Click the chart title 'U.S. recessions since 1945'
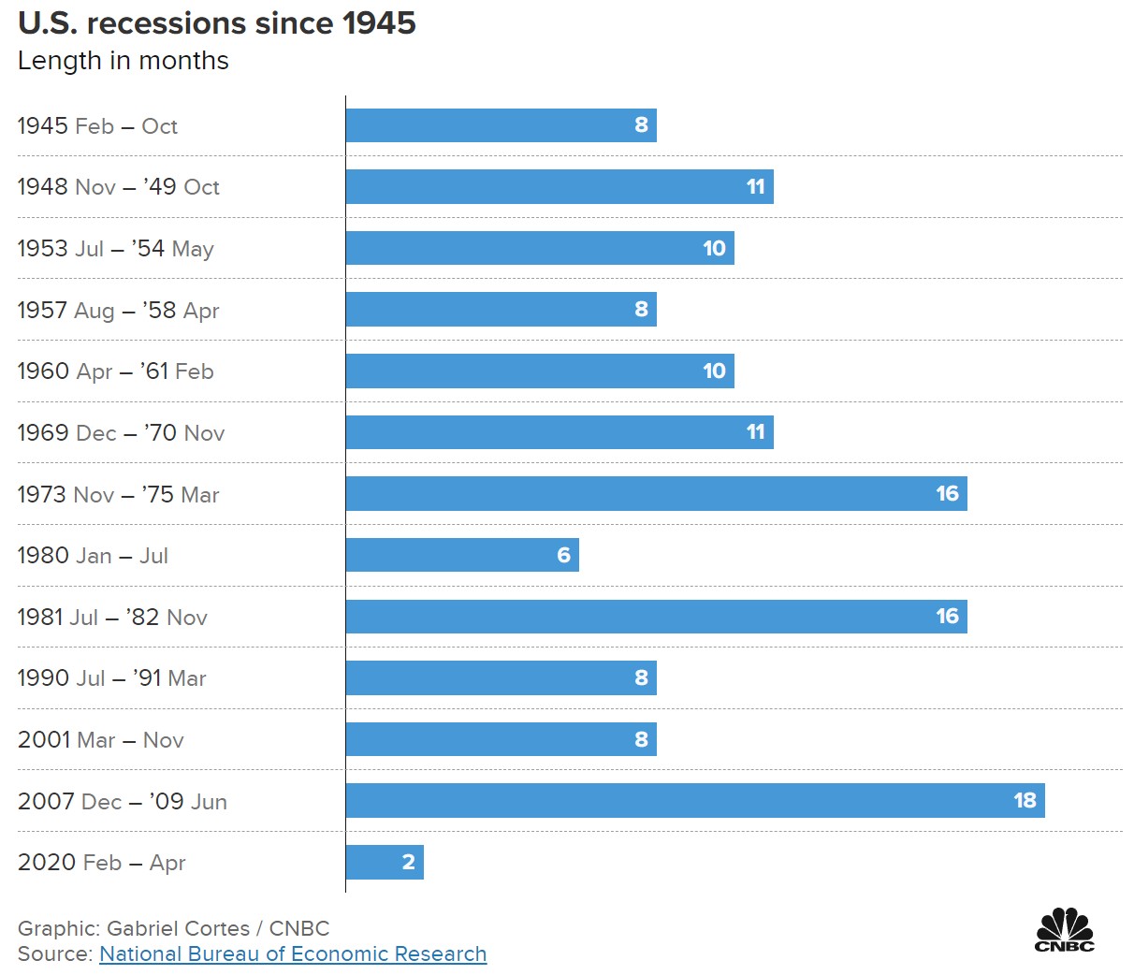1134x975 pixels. [216, 22]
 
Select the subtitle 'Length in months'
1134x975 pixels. [123, 61]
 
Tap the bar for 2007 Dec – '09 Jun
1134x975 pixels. [694, 800]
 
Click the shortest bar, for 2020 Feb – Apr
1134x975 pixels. [384, 862]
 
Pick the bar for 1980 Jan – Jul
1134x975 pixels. [461, 555]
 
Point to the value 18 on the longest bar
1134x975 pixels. [1025, 800]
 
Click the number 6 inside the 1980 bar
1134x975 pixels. [563, 555]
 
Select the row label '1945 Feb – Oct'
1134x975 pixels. [97, 126]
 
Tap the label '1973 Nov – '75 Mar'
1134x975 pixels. [118, 494]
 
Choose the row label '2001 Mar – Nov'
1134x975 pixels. [100, 740]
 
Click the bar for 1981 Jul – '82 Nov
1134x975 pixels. [655, 617]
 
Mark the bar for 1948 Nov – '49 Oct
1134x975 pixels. [559, 186]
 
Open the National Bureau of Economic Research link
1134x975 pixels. [293, 953]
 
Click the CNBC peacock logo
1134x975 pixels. [1064, 929]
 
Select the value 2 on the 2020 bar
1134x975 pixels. [408, 862]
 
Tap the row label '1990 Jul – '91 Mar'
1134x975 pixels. [111, 678]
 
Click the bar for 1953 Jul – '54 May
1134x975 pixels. [539, 248]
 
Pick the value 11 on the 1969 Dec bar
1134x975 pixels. [755, 432]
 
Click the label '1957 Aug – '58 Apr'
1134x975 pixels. [118, 310]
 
